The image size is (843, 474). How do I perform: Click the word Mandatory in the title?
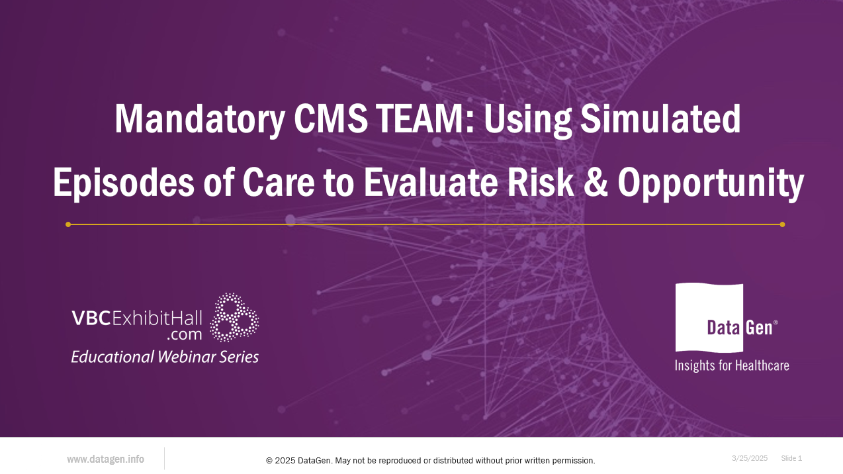coord(199,120)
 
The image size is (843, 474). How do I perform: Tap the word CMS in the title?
coord(331,119)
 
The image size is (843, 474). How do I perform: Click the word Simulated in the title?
coord(660,119)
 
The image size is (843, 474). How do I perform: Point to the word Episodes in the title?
coord(124,183)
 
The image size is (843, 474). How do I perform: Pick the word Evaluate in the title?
coord(431,182)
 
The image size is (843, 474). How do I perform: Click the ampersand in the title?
coord(594,183)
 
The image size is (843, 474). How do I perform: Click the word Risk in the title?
coord(541,182)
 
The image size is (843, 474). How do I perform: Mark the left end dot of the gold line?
coord(68,224)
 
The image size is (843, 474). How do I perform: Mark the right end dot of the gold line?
coord(782,224)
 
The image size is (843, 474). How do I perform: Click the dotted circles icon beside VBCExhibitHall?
coord(234,317)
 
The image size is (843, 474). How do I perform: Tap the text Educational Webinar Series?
coord(165,357)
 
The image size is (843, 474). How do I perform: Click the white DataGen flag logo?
coord(709,318)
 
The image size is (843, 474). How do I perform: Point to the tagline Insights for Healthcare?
coord(732,365)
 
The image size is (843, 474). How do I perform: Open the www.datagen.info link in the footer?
coord(105,459)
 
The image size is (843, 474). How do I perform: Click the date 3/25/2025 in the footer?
coord(750,458)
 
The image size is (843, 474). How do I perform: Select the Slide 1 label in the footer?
coord(791,458)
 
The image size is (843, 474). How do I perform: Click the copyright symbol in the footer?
coord(269,461)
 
